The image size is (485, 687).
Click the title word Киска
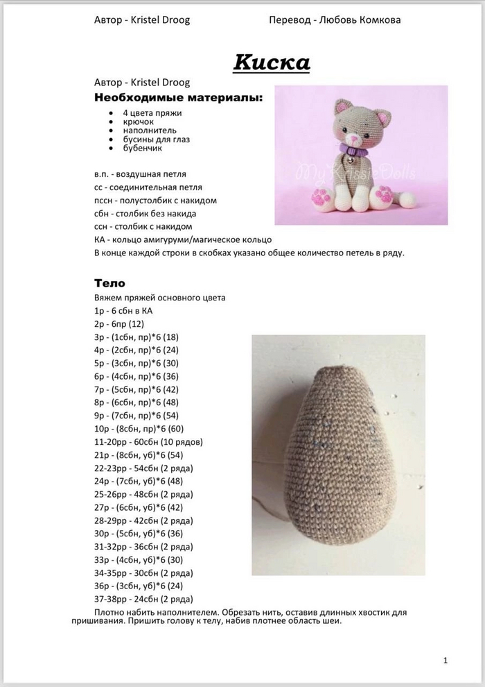coord(272,62)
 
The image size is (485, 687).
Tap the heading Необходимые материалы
coord(179,97)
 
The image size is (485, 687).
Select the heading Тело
coord(109,283)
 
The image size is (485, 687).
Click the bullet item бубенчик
coord(142,148)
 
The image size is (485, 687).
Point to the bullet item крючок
coord(138,121)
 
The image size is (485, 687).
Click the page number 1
coord(445,660)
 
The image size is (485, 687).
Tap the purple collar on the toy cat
coord(355,148)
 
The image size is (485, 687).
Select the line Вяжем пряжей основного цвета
coord(160,298)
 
